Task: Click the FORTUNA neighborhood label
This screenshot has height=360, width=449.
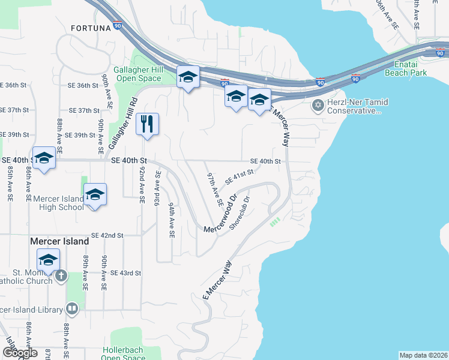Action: coord(91,28)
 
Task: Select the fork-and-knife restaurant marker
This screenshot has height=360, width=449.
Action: coord(147,125)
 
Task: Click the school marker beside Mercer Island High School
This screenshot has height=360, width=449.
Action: coord(94,195)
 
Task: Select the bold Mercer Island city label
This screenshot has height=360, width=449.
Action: coord(59,241)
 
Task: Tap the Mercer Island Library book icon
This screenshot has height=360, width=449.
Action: coord(72,310)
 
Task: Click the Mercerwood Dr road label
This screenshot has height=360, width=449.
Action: coord(221,214)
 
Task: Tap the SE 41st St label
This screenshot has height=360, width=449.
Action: coord(240,178)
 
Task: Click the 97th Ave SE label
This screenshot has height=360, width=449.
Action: coord(215,188)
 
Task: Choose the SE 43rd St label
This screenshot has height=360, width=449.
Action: coord(126,273)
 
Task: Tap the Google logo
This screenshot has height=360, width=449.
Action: coord(20,353)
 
